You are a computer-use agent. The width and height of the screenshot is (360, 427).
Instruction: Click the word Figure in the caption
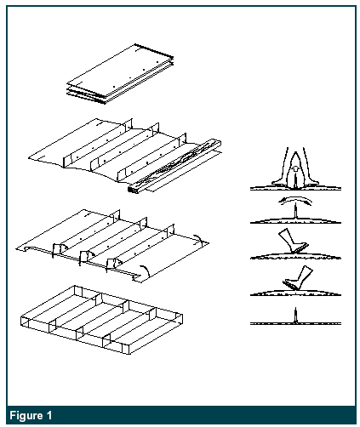(x=26, y=416)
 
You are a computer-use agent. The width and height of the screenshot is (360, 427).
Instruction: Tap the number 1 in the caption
(x=49, y=415)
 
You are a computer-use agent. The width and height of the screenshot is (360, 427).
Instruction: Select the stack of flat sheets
(x=120, y=74)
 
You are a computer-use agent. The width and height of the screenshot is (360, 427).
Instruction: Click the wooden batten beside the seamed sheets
(x=174, y=166)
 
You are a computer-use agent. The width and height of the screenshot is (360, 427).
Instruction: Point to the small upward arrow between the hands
(x=295, y=169)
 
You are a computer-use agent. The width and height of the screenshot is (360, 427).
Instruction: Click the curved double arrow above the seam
(x=295, y=200)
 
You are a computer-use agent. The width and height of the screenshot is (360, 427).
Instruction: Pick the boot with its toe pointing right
(x=292, y=241)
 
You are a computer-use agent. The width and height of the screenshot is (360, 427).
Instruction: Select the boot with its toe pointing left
(x=298, y=278)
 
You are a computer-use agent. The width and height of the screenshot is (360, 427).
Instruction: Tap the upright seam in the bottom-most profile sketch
(x=295, y=316)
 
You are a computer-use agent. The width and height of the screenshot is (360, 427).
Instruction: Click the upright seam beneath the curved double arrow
(x=295, y=211)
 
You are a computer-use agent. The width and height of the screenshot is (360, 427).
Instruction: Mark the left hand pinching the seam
(x=283, y=168)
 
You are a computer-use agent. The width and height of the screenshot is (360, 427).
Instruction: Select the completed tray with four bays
(x=101, y=320)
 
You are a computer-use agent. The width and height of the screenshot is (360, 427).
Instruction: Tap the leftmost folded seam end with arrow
(x=58, y=249)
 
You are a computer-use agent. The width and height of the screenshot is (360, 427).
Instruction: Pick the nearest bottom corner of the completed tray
(x=127, y=354)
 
